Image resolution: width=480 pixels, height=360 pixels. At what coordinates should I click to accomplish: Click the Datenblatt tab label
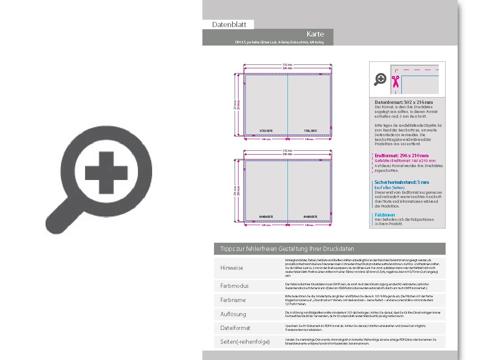click(229, 24)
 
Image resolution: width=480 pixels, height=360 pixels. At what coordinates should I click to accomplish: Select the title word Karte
click(315, 34)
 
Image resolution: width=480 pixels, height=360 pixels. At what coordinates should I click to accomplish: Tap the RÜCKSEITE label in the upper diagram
click(266, 131)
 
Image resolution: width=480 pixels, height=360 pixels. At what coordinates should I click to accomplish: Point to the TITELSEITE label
click(310, 131)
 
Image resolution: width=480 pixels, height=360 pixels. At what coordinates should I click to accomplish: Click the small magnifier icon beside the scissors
click(380, 79)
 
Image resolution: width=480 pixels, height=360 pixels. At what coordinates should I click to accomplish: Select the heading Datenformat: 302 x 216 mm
click(404, 102)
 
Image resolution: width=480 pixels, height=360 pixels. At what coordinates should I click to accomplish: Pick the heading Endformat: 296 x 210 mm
click(401, 156)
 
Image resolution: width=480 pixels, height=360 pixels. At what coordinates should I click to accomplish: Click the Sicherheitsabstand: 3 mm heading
click(401, 182)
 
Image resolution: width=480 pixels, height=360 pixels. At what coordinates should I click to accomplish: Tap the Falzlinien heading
click(385, 215)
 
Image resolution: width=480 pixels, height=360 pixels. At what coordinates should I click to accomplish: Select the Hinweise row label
click(232, 268)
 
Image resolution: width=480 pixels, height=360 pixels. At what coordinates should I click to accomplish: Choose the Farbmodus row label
click(234, 286)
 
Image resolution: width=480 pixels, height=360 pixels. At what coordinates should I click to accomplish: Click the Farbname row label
click(233, 300)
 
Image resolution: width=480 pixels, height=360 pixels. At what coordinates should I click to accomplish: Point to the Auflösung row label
click(233, 314)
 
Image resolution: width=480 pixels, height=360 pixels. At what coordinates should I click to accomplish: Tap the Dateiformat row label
click(235, 328)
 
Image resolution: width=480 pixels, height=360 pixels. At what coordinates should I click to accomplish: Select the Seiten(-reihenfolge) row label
click(245, 342)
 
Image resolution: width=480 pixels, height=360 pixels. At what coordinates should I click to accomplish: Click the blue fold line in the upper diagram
click(287, 103)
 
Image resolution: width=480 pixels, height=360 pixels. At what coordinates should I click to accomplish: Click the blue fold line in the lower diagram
click(287, 189)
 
